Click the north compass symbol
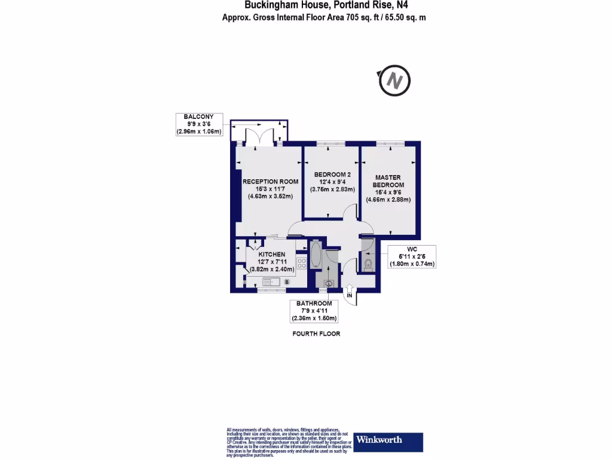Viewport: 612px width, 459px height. [394, 80]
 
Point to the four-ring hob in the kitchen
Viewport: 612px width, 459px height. [301, 262]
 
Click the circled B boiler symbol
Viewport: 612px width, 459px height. [287, 281]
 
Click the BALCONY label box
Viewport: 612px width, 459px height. [199, 124]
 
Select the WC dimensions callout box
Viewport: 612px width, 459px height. [412, 256]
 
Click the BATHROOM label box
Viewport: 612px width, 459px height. [312, 311]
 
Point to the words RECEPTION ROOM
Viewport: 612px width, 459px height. [270, 182]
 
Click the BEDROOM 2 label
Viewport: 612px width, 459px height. [332, 175]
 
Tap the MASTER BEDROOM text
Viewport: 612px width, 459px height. [388, 181]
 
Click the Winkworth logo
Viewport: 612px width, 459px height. [388, 441]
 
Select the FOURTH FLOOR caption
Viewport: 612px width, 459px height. [316, 333]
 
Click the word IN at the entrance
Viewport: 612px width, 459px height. [350, 296]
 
